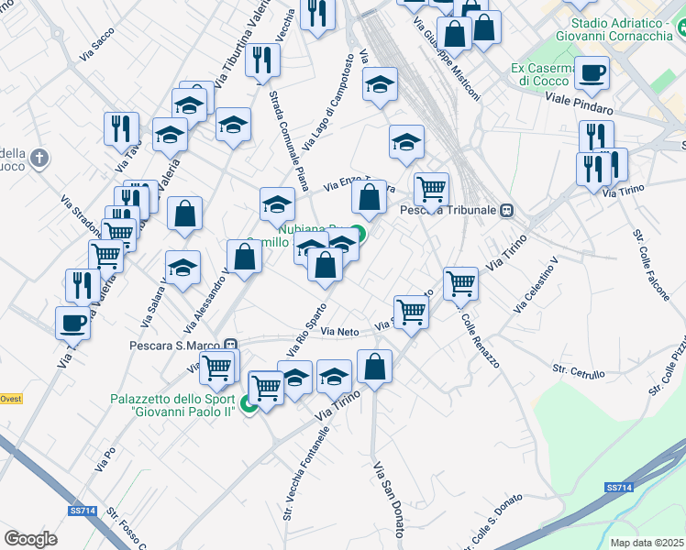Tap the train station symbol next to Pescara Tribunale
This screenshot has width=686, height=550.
[506, 210]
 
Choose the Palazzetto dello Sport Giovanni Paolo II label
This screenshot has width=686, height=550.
[172, 405]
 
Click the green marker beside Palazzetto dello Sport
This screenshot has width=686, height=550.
[248, 404]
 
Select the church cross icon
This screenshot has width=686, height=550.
[39, 159]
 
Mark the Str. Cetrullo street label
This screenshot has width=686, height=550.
[578, 371]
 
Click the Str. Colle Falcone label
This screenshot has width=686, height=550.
[649, 258]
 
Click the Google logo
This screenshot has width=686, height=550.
[30, 539]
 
